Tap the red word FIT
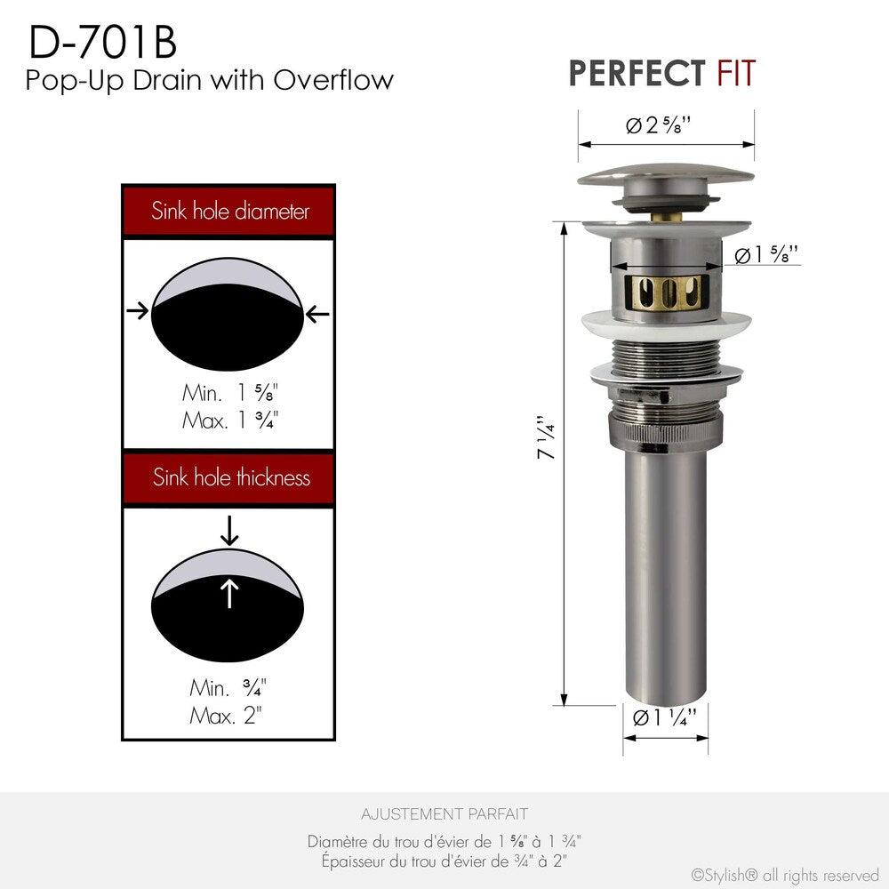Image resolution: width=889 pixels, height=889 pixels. pyautogui.click(x=736, y=73)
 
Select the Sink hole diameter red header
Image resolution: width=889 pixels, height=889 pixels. pyautogui.click(x=229, y=212)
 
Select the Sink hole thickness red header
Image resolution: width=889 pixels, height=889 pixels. pyautogui.click(x=230, y=477)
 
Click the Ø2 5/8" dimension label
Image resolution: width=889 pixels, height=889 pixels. pyautogui.click(x=659, y=125)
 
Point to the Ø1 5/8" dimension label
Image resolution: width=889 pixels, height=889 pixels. pyautogui.click(x=766, y=256)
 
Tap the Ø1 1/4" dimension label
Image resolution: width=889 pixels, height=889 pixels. pyautogui.click(x=664, y=717)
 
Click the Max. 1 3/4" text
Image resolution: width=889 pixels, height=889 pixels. pyautogui.click(x=228, y=420)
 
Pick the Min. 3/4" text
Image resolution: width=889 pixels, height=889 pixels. pyautogui.click(x=228, y=687)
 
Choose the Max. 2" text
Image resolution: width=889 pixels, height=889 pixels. pyautogui.click(x=228, y=715)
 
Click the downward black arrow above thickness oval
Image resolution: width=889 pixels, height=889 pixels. pyautogui.click(x=229, y=531)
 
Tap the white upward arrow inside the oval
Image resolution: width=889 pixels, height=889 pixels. pyautogui.click(x=229, y=593)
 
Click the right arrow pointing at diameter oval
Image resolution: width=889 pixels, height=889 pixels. pyautogui.click(x=318, y=313)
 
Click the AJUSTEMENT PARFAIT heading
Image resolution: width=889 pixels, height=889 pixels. pyautogui.click(x=444, y=813)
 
